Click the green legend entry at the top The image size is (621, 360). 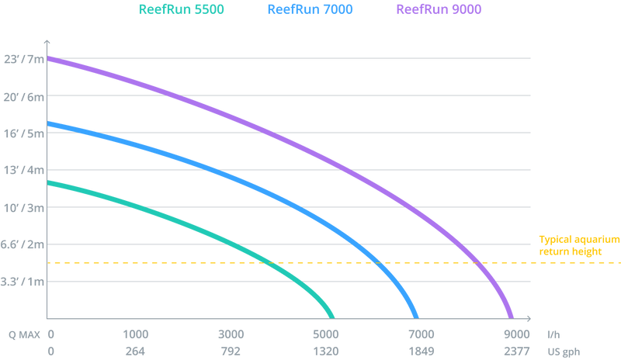coord(181,9)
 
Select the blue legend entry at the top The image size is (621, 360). coord(310,9)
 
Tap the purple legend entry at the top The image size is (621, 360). coord(439,9)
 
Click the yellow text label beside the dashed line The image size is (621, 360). coord(579,244)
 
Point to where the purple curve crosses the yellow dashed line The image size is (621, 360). coord(480,263)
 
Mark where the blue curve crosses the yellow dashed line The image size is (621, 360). coord(378,263)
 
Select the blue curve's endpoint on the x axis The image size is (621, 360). coord(416,315)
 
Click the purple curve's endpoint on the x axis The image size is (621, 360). coord(510,315)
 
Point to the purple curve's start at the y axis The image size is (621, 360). coord(49,57)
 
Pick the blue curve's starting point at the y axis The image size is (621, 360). coord(49,123)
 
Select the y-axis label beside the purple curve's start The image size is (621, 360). coord(23,58)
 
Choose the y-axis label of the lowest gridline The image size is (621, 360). coord(23,281)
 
